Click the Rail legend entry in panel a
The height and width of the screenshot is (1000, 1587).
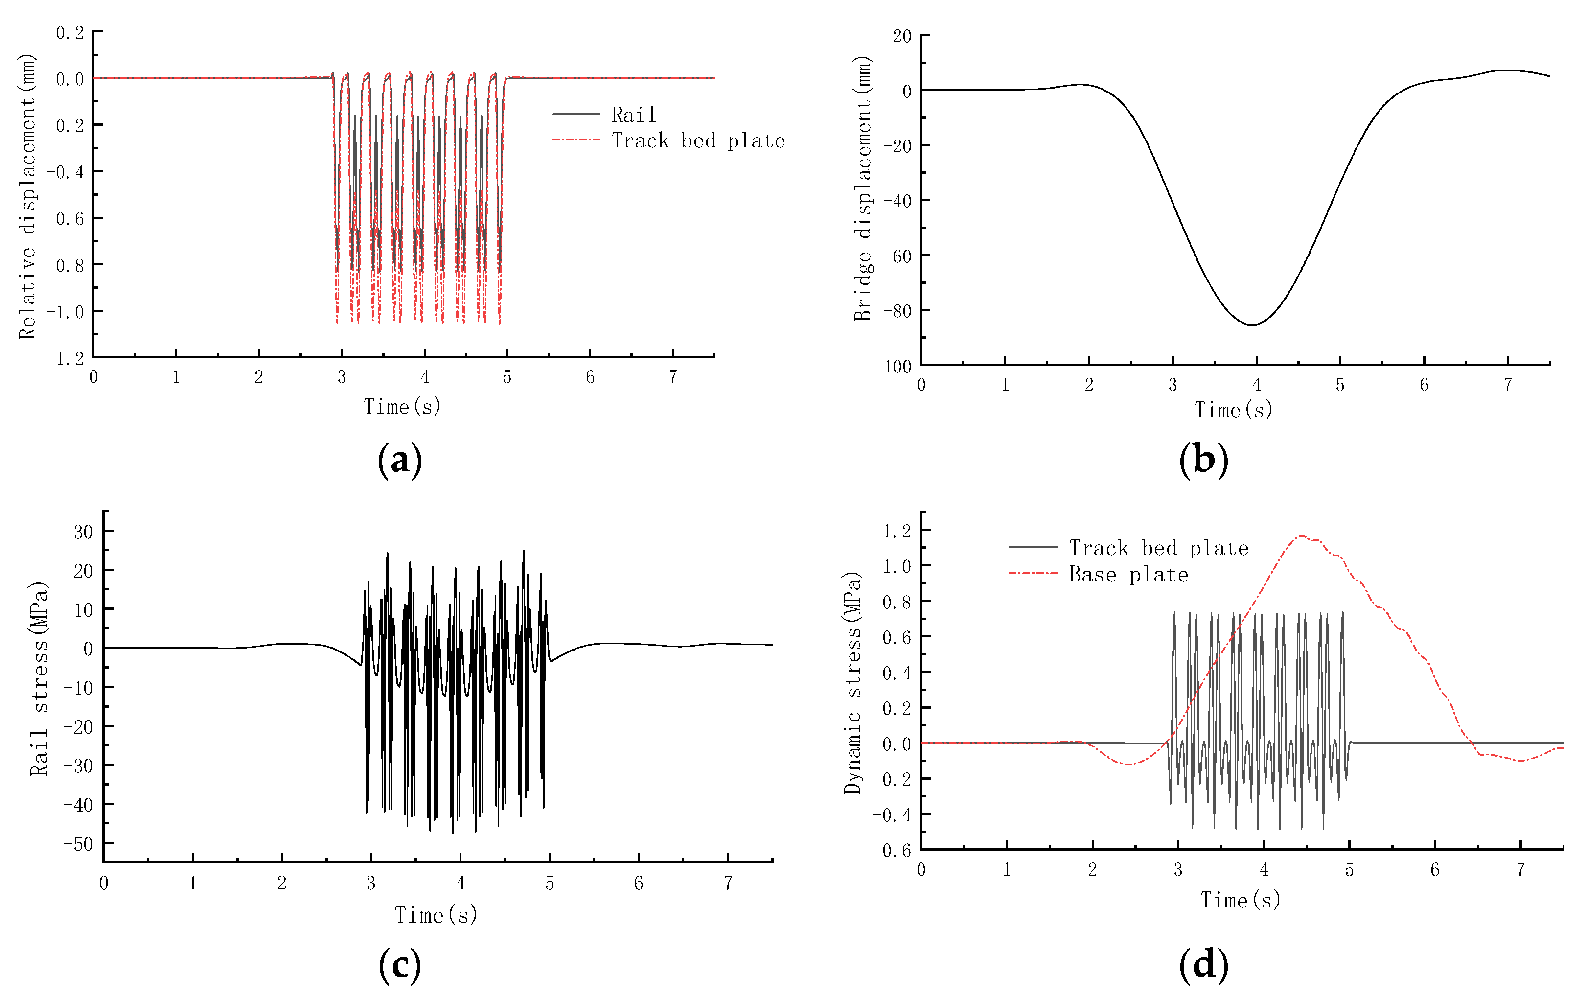[x=633, y=115]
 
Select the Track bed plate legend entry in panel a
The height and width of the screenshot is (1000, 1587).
[x=697, y=140]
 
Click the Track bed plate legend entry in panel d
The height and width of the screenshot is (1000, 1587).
[x=1158, y=548]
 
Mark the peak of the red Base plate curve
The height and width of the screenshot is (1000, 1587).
[x=1302, y=536]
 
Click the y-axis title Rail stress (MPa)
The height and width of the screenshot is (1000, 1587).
[x=40, y=678]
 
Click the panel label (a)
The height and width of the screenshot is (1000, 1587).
[x=399, y=460]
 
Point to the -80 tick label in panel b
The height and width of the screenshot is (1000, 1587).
[x=897, y=310]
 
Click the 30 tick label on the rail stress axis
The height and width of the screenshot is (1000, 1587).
[x=83, y=531]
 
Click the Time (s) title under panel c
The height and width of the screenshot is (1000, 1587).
[x=436, y=914]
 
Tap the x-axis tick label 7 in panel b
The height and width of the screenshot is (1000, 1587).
[x=1507, y=385]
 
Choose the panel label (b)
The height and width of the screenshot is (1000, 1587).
[x=1203, y=460]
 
